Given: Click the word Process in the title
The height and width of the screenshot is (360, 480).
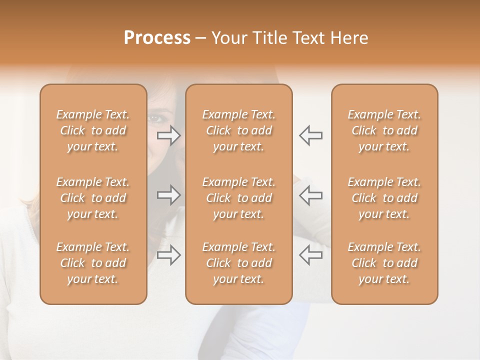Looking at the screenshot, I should coord(157,38).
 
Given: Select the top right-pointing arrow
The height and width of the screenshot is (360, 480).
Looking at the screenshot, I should coord(169,135).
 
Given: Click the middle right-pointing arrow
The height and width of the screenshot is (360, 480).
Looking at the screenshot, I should coord(169,194).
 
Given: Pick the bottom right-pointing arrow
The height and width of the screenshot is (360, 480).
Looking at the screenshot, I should coord(169,254).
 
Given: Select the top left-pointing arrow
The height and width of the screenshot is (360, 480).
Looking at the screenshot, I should coord(311,135).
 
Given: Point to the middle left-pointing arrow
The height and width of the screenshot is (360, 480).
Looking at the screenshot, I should coord(311,194).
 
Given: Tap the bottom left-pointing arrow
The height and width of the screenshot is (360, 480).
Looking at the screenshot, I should coord(311,254).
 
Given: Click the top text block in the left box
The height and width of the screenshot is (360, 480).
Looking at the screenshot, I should coord(93,130).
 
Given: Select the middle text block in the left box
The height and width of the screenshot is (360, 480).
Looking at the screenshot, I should coord(93,198).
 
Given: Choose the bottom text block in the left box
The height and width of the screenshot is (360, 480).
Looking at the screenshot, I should coord(93,263).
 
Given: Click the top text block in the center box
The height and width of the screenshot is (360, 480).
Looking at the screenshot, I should coord(239,130).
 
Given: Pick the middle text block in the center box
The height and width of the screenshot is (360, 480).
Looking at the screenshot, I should coord(239,198).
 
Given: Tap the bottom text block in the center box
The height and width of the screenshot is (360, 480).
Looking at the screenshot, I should coord(239,263).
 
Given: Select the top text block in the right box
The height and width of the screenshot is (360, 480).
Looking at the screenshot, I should coord(384,130).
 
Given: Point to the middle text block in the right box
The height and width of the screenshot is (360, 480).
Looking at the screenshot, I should coord(384,198).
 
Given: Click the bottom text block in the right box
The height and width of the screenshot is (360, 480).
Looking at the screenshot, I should coord(384,263).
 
